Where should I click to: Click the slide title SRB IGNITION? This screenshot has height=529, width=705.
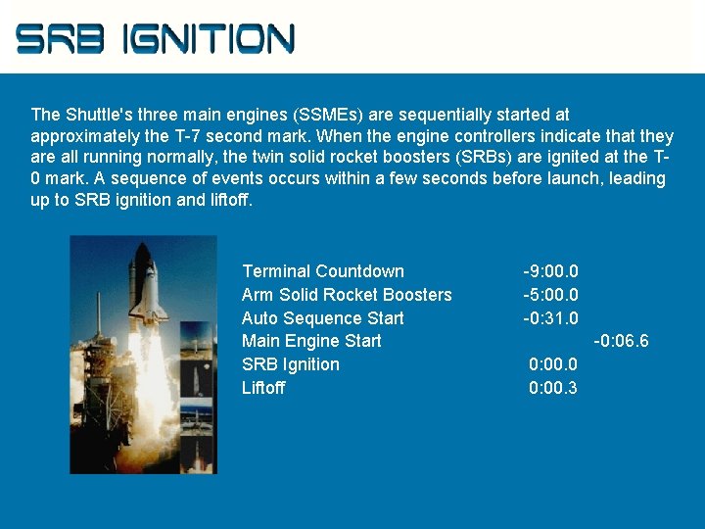tap(155, 38)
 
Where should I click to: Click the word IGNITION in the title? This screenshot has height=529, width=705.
tap(209, 38)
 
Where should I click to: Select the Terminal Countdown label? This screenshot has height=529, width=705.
tap(322, 271)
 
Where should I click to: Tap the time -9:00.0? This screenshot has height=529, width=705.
tap(550, 271)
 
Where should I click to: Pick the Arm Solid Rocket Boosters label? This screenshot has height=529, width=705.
tap(347, 295)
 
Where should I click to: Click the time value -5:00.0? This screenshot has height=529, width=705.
tap(550, 295)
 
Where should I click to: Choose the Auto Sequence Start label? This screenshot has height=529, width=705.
tap(322, 318)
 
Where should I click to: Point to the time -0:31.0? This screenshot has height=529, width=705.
tap(550, 318)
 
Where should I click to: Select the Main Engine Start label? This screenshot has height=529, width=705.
tap(311, 341)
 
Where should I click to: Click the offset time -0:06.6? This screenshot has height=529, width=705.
tap(621, 341)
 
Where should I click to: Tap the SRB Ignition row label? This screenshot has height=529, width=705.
tap(291, 364)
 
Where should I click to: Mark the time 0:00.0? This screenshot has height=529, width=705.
tap(553, 364)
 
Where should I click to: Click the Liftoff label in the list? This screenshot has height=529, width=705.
tap(263, 388)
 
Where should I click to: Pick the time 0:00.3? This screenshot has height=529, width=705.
tap(553, 388)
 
